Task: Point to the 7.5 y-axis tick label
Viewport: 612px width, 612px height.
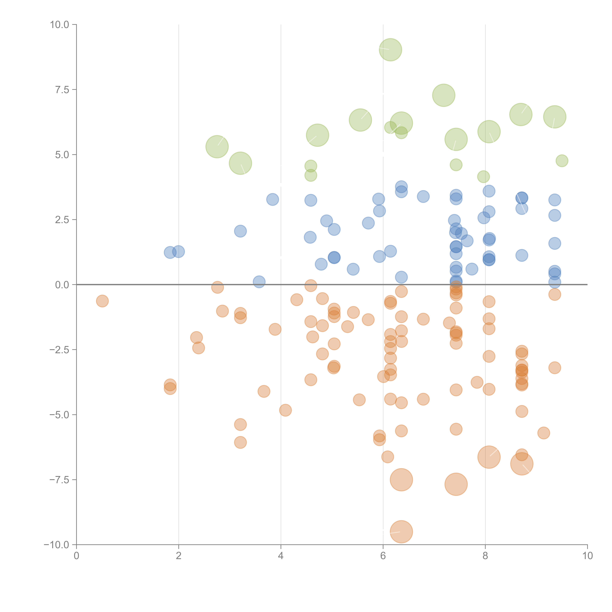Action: click(x=62, y=90)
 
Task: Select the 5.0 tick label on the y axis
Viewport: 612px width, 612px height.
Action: click(x=62, y=155)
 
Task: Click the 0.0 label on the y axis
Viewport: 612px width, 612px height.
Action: click(x=62, y=285)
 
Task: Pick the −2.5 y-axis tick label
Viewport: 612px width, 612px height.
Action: click(x=59, y=350)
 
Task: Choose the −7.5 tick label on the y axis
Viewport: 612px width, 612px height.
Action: click(x=59, y=480)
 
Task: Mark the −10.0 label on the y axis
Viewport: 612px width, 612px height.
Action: click(x=56, y=545)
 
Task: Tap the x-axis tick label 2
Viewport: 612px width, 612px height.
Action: click(x=179, y=556)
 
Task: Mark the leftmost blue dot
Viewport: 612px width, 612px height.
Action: click(x=170, y=253)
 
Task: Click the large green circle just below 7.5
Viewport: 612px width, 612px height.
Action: click(x=443, y=95)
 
